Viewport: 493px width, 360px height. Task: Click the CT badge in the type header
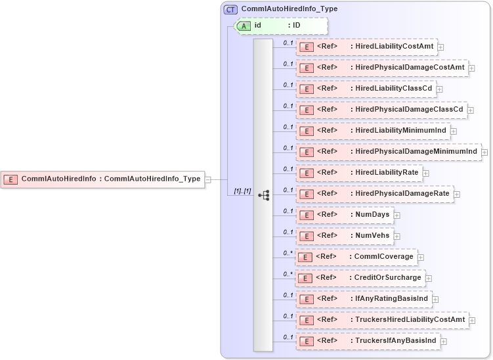coord(230,10)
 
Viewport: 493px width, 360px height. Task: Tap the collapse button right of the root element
coord(207,179)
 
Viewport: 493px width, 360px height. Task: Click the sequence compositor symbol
coord(264,195)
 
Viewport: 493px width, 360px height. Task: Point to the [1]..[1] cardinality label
coord(242,191)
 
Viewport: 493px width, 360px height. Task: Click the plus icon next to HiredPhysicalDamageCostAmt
coord(472,68)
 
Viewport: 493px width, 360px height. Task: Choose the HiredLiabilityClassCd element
coord(365,89)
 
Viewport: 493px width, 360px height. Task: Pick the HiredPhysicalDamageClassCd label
coord(407,109)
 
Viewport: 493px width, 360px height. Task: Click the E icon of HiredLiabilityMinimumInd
coord(305,131)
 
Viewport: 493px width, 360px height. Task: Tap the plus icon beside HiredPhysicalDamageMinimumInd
coord(485,152)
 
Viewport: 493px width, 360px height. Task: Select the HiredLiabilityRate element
coord(359,173)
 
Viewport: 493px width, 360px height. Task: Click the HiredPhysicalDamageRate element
coord(375,194)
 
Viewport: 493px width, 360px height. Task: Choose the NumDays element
coord(345,215)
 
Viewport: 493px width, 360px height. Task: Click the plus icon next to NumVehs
coord(397,236)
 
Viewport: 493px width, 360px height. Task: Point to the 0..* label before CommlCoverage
coord(288,253)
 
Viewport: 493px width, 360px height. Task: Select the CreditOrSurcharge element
coord(360,278)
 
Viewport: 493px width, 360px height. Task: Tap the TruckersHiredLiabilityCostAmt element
coord(383,320)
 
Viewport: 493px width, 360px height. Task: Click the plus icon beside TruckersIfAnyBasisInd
coord(444,341)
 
